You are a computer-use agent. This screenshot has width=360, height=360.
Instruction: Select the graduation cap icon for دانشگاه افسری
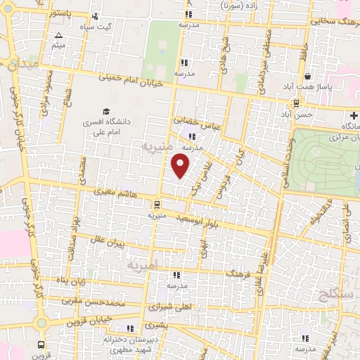coord(106,111)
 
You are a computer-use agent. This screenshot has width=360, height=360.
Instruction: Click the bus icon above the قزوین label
coord(41,345)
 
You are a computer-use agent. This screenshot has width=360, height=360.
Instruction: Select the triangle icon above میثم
coord(58,35)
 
